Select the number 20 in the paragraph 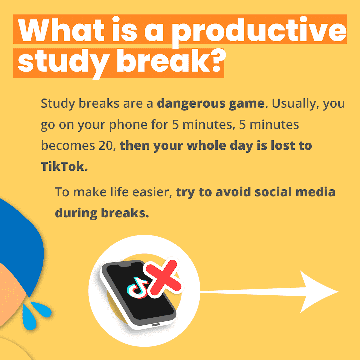(x=106, y=146)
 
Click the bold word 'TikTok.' (x=64, y=166)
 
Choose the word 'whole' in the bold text (x=206, y=146)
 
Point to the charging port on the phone (x=156, y=325)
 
